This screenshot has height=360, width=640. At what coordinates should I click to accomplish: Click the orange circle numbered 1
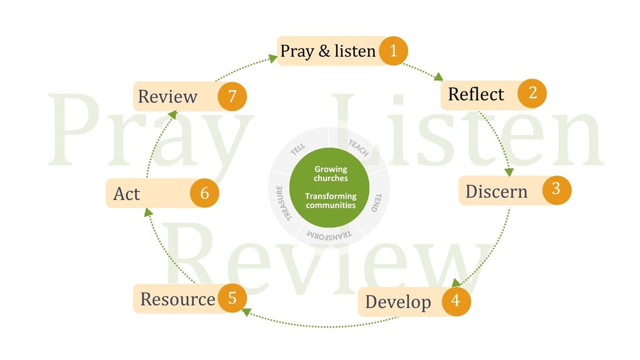coord(394,51)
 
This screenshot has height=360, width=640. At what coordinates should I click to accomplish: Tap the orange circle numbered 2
coord(532,93)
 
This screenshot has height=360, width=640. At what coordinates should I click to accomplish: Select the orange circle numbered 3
coord(557,190)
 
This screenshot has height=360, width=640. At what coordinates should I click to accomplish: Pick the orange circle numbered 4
coord(456,301)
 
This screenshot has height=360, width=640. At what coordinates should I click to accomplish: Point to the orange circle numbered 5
coord(232,298)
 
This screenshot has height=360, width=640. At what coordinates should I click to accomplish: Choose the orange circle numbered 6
coord(204,192)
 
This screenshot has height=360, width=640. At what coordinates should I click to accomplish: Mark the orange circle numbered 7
coord(232,96)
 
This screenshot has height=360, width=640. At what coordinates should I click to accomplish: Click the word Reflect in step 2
coord(476,94)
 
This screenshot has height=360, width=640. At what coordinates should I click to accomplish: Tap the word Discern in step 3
coord(496,191)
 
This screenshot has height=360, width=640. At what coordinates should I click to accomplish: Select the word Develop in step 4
coord(398,302)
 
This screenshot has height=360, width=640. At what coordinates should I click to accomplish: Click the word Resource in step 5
coord(177,299)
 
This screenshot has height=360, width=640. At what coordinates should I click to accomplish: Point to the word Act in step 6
coord(126,194)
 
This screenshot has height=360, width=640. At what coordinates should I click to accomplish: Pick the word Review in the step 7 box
coord(167,97)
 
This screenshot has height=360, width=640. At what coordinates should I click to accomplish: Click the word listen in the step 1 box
coord(355,51)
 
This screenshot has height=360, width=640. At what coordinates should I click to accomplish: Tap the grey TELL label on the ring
coord(298,149)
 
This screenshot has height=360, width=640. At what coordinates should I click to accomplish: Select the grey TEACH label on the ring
coord(358,147)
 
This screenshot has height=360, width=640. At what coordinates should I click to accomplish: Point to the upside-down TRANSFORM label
coord(329,236)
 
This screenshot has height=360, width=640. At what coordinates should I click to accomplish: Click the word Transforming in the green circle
coord(331,196)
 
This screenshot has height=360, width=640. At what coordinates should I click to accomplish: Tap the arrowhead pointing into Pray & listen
coord(273,59)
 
